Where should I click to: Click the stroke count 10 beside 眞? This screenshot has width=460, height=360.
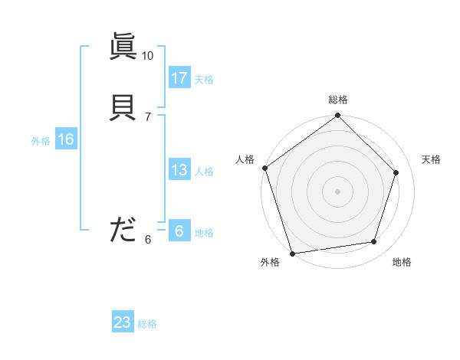pyautogui.click(x=147, y=56)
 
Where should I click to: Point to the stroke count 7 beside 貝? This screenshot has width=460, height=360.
pyautogui.click(x=147, y=116)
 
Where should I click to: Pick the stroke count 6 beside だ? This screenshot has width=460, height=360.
pyautogui.click(x=147, y=239)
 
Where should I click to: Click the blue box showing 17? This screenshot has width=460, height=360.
pyautogui.click(x=179, y=78)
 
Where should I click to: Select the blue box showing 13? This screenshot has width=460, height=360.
pyautogui.click(x=179, y=170)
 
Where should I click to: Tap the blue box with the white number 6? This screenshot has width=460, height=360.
pyautogui.click(x=179, y=231)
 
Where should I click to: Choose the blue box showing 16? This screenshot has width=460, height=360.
pyautogui.click(x=65, y=139)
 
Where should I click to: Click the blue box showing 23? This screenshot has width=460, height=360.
pyautogui.click(x=123, y=322)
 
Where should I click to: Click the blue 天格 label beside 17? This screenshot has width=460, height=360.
pyautogui.click(x=204, y=80)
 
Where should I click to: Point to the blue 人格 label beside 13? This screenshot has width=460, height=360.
pyautogui.click(x=204, y=172)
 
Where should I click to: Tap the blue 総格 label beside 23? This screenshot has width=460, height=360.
pyautogui.click(x=147, y=324)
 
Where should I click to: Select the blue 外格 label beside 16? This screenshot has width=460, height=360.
pyautogui.click(x=41, y=141)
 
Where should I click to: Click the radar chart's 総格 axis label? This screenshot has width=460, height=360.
pyautogui.click(x=338, y=100)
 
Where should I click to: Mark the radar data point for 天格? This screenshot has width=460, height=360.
pyautogui.click(x=396, y=172)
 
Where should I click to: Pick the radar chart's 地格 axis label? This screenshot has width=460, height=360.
pyautogui.click(x=402, y=262)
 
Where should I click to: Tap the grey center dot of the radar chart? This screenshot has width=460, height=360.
pyautogui.click(x=338, y=191)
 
